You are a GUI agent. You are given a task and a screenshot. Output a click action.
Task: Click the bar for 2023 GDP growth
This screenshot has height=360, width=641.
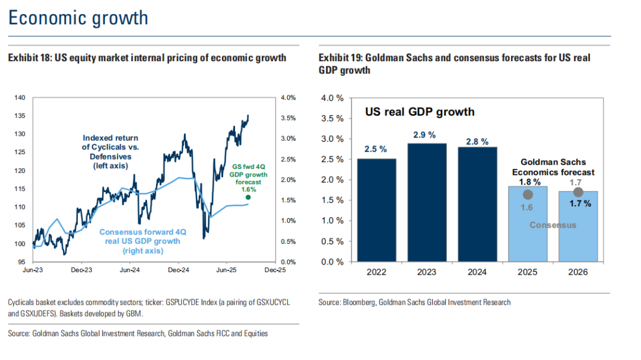coord(426,202)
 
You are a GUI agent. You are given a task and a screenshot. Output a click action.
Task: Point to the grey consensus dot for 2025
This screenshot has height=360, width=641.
coord(528,195)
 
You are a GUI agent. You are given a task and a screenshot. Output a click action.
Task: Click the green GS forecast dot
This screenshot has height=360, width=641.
coord(247,197)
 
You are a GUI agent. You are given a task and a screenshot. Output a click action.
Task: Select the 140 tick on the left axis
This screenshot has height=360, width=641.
coord(20,97)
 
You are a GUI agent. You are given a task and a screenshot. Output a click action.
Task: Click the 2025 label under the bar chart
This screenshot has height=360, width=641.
coord(528,272)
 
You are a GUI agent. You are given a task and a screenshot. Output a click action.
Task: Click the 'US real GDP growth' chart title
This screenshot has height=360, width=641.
coord(420,111)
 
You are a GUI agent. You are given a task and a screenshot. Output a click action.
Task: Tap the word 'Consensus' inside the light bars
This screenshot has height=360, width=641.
coord(553,225)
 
